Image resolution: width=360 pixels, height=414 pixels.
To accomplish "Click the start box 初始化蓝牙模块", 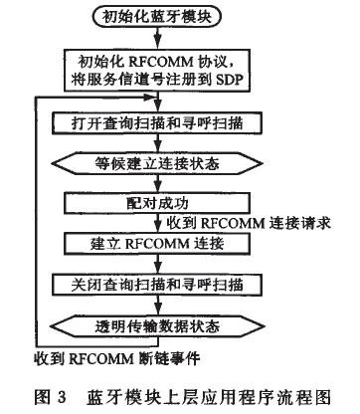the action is (157, 17).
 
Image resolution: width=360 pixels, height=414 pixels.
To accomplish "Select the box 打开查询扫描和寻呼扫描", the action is (157, 123).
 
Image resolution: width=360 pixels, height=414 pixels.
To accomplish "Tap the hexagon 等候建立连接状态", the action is (157, 163).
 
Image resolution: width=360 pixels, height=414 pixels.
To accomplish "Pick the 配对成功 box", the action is (157, 203).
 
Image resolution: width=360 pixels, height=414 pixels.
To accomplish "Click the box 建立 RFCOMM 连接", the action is (157, 244).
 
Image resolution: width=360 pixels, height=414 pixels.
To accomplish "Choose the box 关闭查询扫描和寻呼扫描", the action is (157, 285).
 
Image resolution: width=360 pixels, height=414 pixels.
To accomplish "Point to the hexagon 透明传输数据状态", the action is (157, 326).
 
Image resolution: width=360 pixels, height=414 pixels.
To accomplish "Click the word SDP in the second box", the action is (228, 80).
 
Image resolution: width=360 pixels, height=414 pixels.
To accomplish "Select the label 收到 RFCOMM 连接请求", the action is (249, 223).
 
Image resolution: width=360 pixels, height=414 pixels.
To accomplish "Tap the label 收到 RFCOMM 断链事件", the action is (117, 358).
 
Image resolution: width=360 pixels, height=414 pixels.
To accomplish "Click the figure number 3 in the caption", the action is (62, 397).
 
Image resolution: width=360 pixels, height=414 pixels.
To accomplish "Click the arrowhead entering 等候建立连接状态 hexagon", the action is (158, 148).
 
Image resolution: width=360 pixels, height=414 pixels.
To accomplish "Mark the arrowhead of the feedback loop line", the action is (151, 98).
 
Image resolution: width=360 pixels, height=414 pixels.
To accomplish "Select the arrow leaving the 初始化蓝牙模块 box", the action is (158, 38).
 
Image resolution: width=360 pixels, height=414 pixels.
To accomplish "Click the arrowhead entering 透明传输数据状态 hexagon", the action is (158, 310).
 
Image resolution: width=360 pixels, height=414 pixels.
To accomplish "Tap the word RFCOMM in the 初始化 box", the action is (161, 62).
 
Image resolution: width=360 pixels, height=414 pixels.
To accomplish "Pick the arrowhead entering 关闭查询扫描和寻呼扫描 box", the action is (158, 270).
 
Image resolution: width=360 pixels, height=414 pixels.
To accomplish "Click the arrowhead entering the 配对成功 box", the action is (158, 188).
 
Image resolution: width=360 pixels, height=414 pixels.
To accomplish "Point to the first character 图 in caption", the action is (42, 397).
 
